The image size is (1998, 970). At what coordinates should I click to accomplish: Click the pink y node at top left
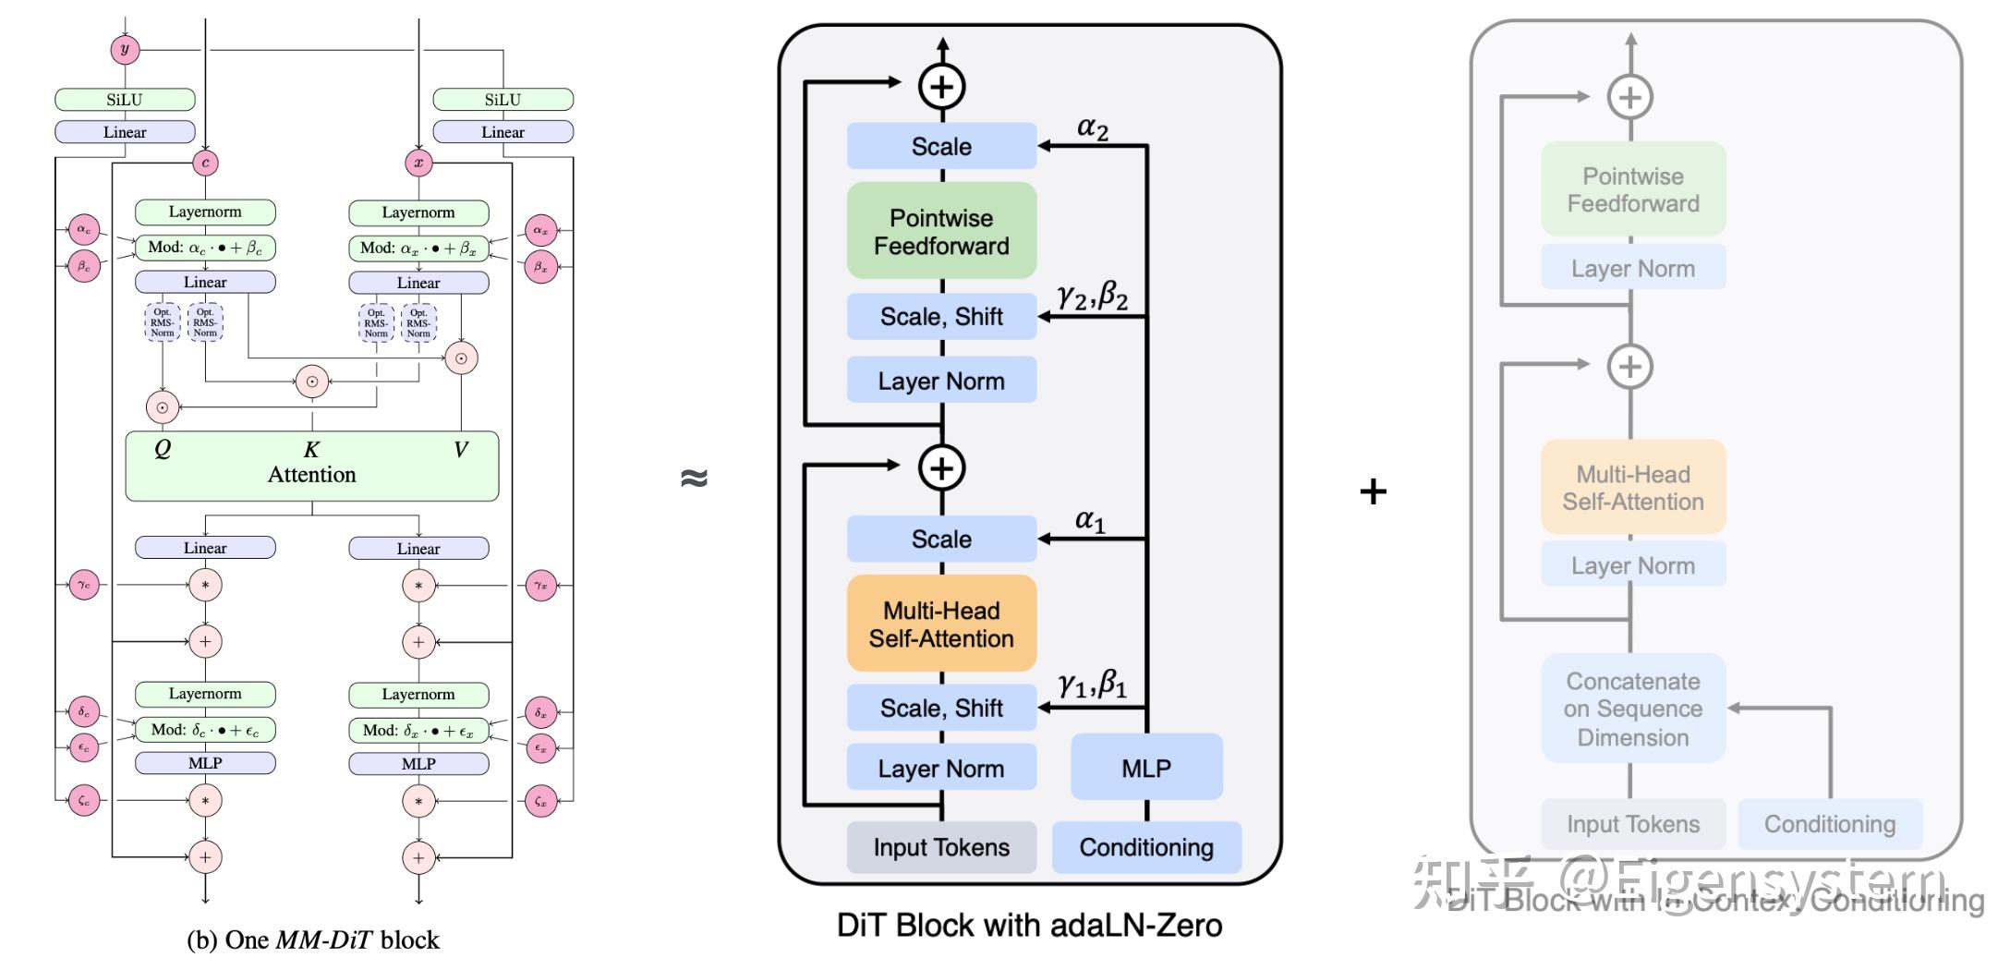pyautogui.click(x=125, y=49)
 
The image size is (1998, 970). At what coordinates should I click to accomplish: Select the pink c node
pyautogui.click(x=205, y=164)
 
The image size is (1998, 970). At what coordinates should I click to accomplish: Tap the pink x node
pyautogui.click(x=418, y=164)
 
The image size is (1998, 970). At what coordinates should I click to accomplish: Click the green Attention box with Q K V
pyautogui.click(x=312, y=467)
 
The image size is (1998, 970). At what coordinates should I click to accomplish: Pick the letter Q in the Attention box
pyautogui.click(x=163, y=449)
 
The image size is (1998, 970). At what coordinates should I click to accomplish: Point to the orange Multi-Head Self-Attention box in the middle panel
pyautogui.click(x=941, y=624)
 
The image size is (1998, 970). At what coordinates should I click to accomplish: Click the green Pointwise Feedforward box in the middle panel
pyautogui.click(x=941, y=231)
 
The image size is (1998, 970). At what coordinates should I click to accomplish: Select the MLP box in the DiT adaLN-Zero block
pyautogui.click(x=1146, y=767)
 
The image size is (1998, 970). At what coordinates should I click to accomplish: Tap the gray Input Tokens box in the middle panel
pyautogui.click(x=941, y=847)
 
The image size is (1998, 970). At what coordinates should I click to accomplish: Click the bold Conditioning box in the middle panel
pyautogui.click(x=1146, y=847)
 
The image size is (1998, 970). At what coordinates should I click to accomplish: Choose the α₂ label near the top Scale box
pyautogui.click(x=1092, y=128)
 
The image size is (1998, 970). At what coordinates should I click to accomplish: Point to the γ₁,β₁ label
pyautogui.click(x=1093, y=685)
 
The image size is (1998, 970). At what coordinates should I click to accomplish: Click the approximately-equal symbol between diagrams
pyautogui.click(x=694, y=478)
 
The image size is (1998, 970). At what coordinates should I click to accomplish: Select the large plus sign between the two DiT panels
pyautogui.click(x=1374, y=491)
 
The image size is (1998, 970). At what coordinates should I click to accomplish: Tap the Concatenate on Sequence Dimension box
pyautogui.click(x=1633, y=709)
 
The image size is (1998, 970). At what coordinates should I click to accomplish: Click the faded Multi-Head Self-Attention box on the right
pyautogui.click(x=1633, y=488)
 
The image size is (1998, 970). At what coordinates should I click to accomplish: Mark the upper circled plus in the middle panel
pyautogui.click(x=941, y=87)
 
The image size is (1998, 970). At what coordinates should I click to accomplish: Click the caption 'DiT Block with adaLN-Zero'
pyautogui.click(x=1029, y=926)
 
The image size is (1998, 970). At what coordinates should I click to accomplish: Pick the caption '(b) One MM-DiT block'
pyautogui.click(x=313, y=940)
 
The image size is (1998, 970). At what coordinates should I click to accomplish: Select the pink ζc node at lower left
pyautogui.click(x=84, y=801)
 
